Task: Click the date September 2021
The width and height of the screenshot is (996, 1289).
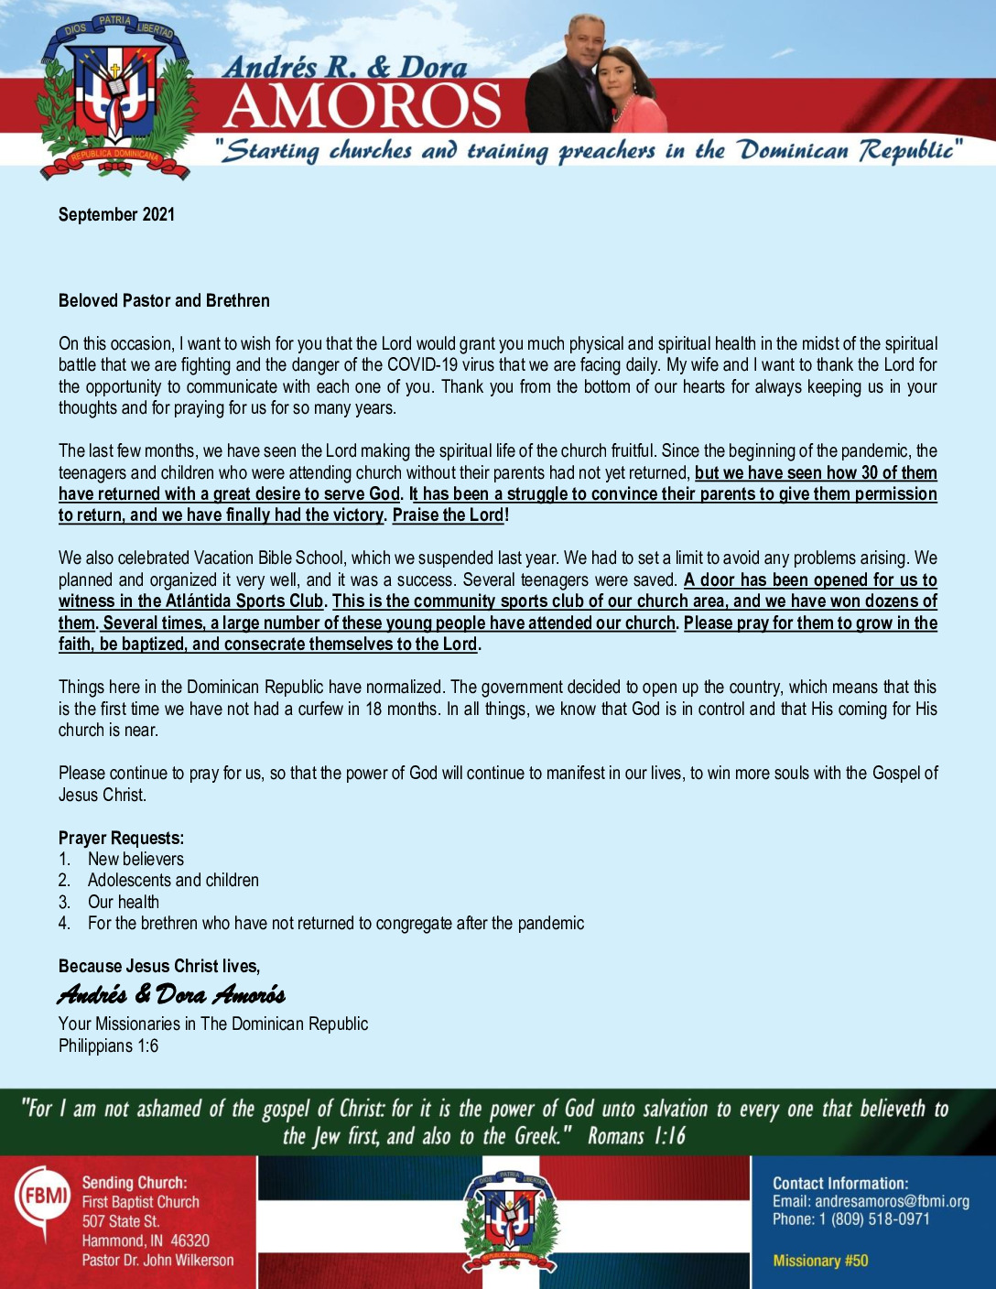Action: coord(116,214)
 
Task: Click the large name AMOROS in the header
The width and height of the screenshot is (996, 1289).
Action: coord(362,106)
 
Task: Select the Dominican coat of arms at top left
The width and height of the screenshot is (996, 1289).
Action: coord(114,96)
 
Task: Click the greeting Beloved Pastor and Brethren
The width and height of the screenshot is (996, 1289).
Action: coord(164,300)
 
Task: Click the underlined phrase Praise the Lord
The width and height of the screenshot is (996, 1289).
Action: coord(448,515)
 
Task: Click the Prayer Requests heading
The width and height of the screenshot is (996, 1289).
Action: coord(121,838)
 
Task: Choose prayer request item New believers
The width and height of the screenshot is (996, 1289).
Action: coord(135,859)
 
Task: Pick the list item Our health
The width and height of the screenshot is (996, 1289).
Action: coord(123,902)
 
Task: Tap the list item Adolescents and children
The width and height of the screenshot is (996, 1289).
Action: coord(173,880)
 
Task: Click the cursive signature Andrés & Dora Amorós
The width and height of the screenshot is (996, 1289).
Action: coord(171,994)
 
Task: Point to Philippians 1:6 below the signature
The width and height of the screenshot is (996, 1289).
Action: coord(108,1045)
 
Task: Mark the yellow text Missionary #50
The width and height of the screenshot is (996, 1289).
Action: coord(820,1261)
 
